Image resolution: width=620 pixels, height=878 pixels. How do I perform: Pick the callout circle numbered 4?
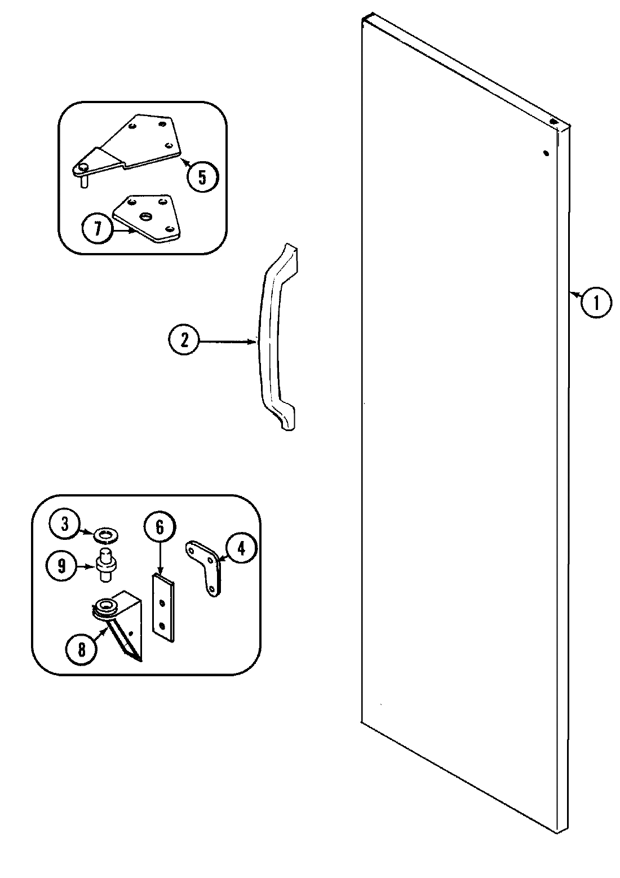click(x=241, y=548)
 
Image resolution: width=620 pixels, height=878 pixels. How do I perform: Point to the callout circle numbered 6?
click(x=160, y=527)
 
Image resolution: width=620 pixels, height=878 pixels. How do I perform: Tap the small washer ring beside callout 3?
click(x=105, y=533)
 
